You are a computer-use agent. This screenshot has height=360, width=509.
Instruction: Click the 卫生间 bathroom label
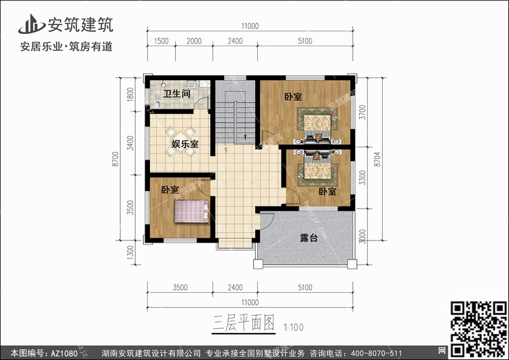pos(176,94)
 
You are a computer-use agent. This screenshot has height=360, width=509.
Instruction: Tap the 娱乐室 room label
pos(185,143)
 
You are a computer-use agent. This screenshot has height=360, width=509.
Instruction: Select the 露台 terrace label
pos(309,238)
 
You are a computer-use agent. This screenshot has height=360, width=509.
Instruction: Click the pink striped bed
pos(191,211)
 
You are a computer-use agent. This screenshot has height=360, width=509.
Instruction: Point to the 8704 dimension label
pos(377,160)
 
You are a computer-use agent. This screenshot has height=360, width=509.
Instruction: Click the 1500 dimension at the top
pos(161,41)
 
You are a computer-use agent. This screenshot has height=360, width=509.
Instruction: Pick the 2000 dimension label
pos(194,41)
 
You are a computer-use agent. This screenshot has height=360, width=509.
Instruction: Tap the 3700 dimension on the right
pos(362,112)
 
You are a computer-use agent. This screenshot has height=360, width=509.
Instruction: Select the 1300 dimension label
pos(130,252)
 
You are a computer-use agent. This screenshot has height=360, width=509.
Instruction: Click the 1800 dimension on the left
pos(130,94)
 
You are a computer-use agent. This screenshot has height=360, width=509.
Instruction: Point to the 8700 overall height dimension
pos(115,159)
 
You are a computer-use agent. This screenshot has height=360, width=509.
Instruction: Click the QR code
pos(478,329)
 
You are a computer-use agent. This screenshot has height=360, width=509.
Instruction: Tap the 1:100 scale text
pos(293,327)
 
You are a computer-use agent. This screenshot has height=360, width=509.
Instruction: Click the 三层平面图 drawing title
pos(244,323)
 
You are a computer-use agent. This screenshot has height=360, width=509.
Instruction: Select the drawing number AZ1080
pos(64,353)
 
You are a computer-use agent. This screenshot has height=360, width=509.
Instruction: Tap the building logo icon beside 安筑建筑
pos(31,24)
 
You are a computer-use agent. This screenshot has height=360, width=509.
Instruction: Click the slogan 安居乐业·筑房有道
pos(67,46)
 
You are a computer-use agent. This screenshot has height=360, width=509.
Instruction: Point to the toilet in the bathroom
pos(157,104)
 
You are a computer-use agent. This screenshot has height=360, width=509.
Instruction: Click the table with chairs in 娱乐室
pos(180,142)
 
